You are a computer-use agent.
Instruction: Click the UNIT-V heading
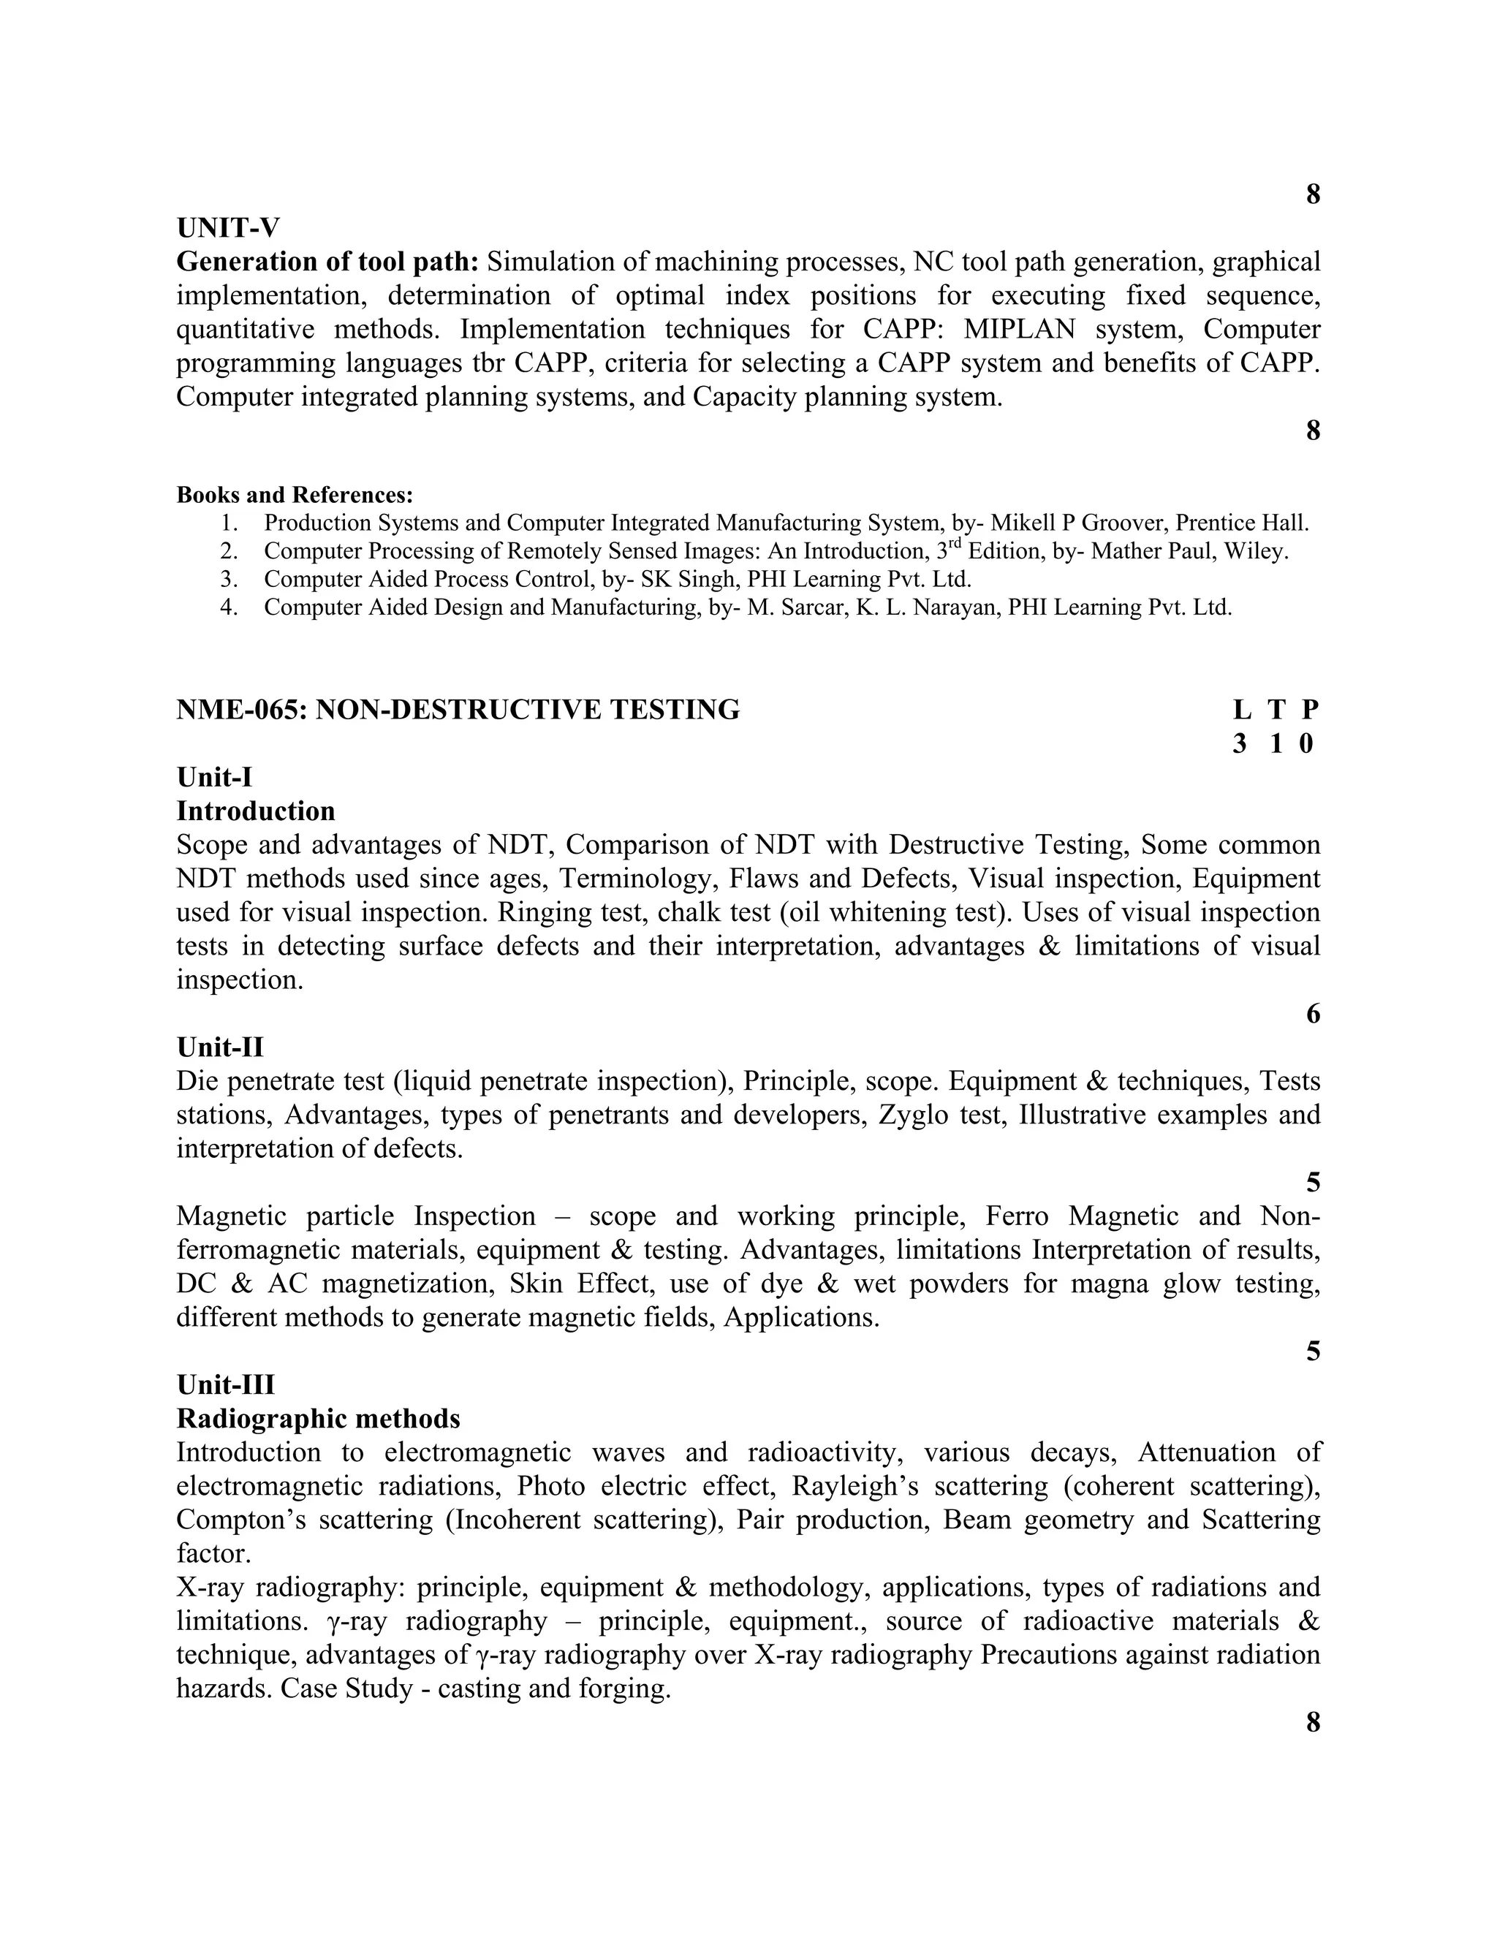point(228,228)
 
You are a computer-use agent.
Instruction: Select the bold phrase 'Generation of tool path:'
point(327,262)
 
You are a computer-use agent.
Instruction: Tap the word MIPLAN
point(1019,329)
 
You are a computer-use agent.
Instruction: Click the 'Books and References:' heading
point(295,494)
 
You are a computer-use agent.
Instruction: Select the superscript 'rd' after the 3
point(956,545)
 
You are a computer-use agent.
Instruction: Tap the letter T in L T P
point(1276,710)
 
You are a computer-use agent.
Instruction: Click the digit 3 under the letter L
point(1240,743)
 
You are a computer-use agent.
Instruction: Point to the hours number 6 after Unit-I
point(1313,1014)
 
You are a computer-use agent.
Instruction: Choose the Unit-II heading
point(220,1047)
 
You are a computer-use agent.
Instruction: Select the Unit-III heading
point(225,1384)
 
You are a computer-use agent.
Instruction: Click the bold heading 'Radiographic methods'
point(319,1418)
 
